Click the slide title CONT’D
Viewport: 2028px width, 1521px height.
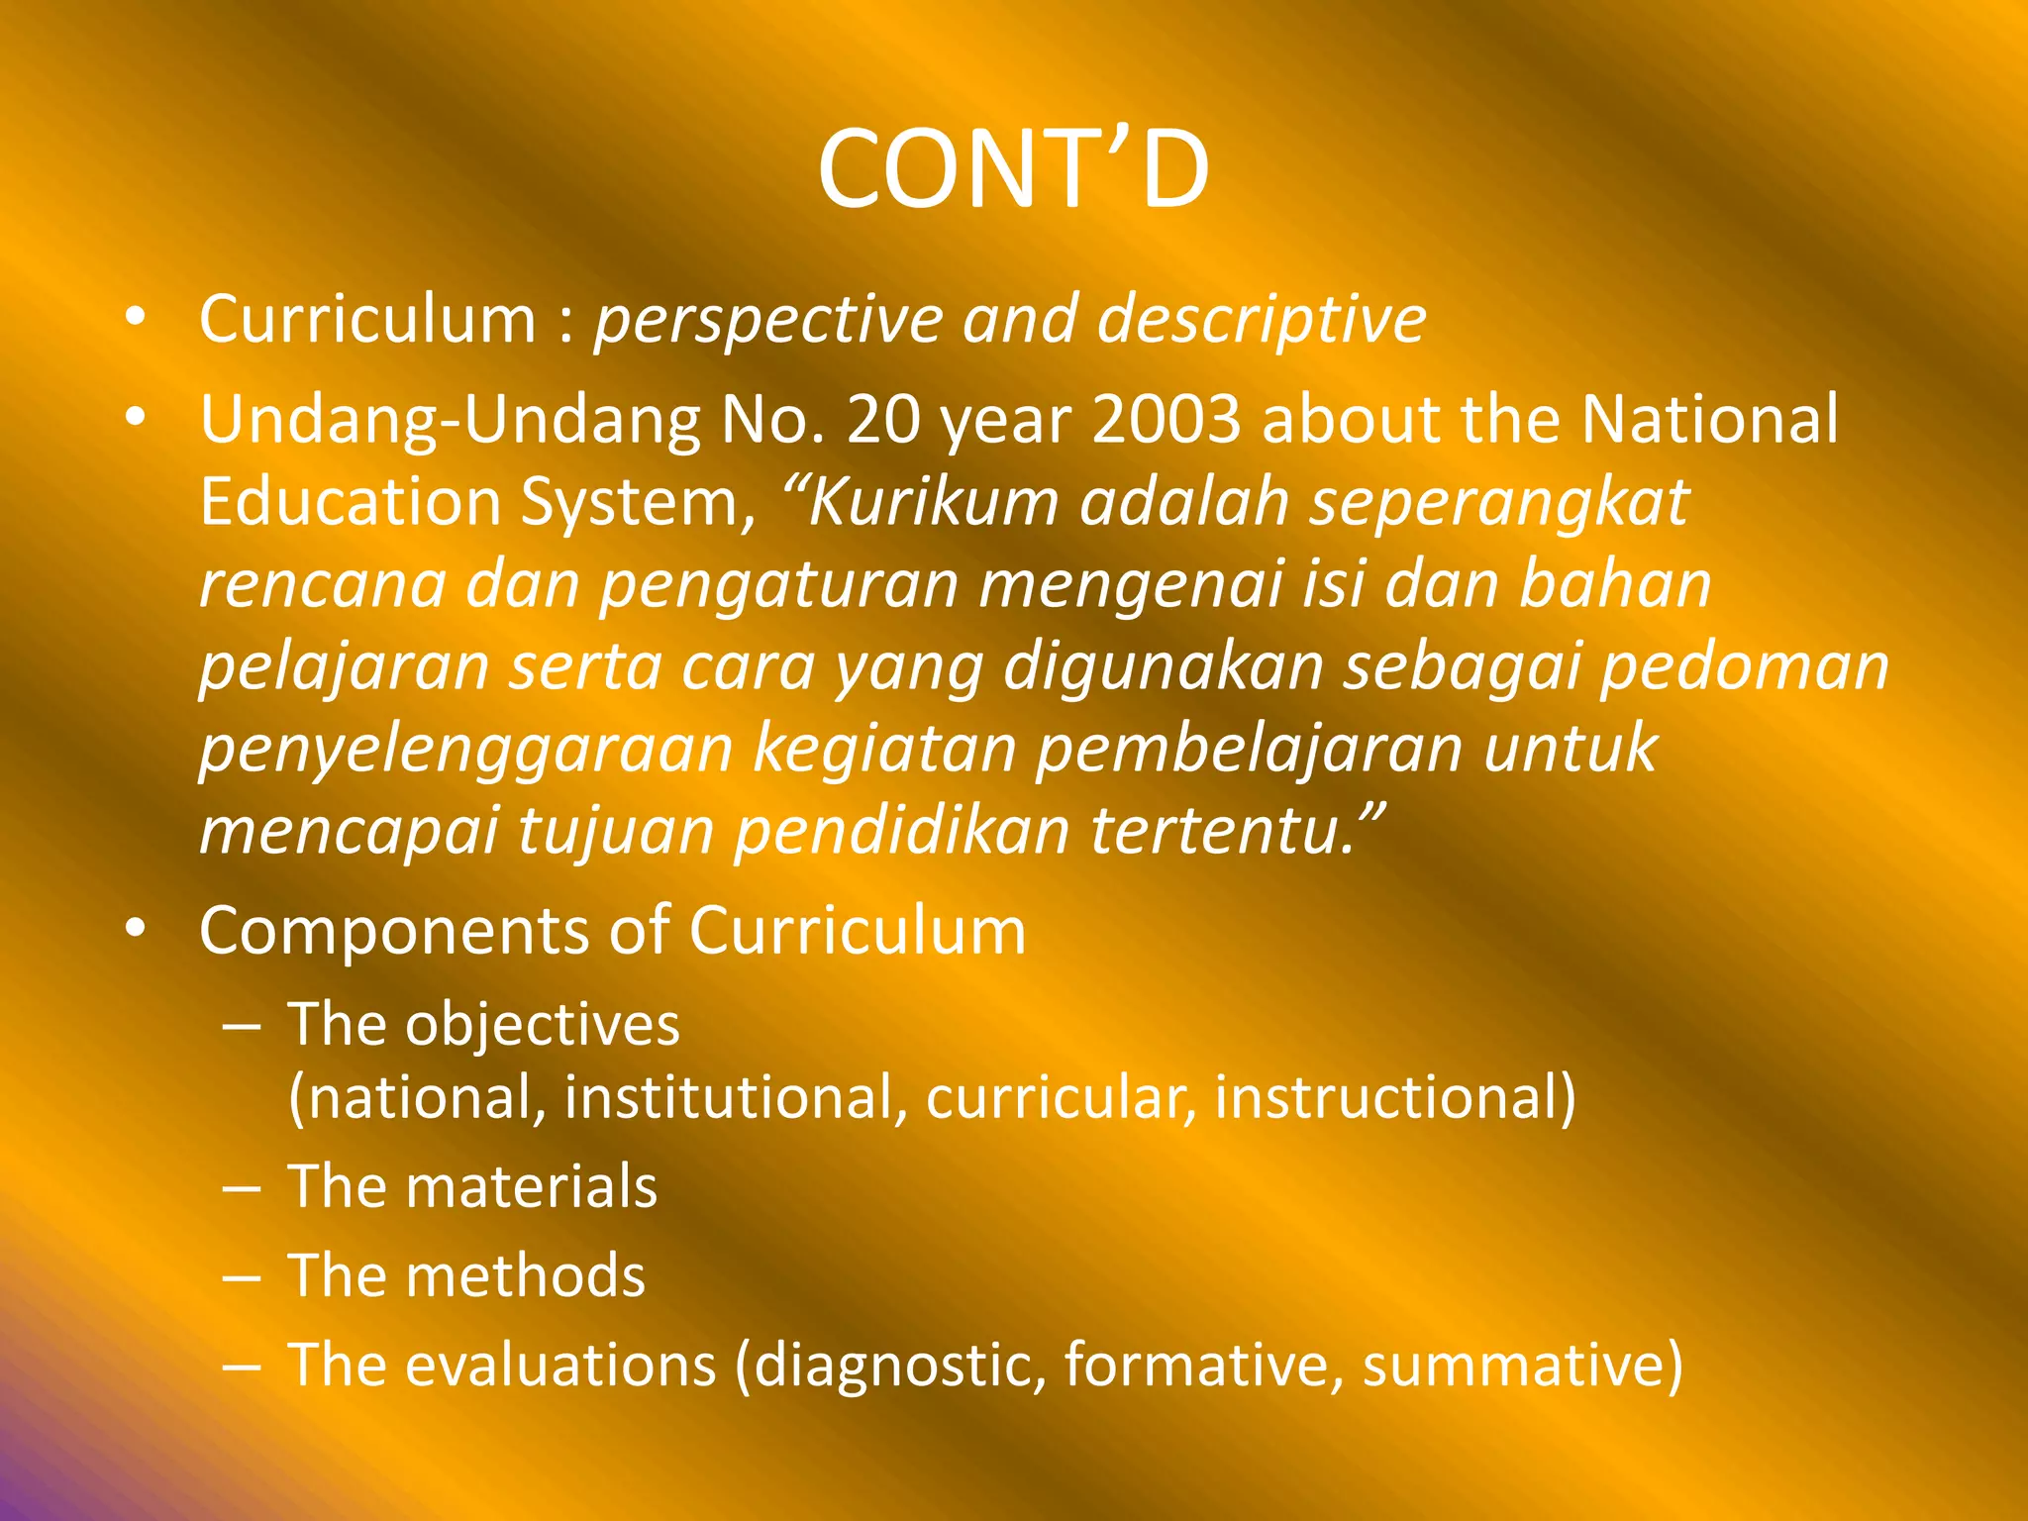click(x=1013, y=170)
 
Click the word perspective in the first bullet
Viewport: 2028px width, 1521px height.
click(x=767, y=321)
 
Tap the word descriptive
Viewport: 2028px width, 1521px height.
click(x=1262, y=321)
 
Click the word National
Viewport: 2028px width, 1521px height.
click(x=1709, y=420)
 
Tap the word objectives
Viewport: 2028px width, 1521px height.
click(x=543, y=1025)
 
